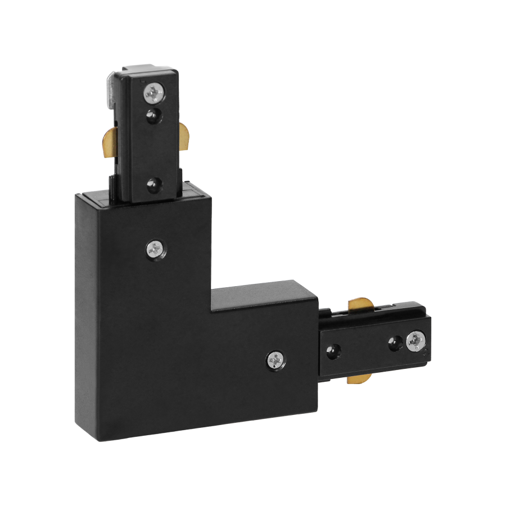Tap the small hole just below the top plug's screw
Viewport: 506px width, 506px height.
pyautogui.click(x=152, y=116)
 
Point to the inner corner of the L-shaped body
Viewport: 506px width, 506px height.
pyautogui.click(x=211, y=311)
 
